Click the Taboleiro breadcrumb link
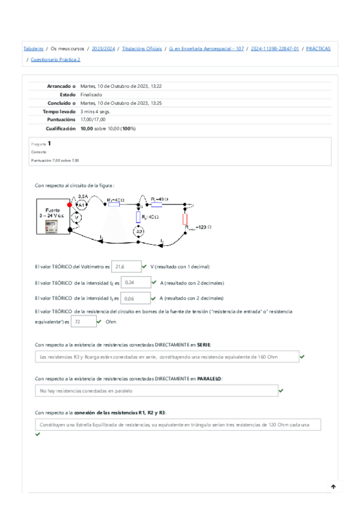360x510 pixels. click(x=33, y=48)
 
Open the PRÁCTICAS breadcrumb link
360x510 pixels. click(x=318, y=48)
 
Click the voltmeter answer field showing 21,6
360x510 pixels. click(x=126, y=266)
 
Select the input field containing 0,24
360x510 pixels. click(x=135, y=281)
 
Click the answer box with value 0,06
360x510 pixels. click(x=135, y=298)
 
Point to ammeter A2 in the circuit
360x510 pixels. click(x=139, y=231)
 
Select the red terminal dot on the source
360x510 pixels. click(x=70, y=204)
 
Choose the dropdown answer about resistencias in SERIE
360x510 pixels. click(x=166, y=357)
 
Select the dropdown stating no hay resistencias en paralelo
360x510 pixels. click(x=156, y=391)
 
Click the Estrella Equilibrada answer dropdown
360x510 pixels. click(x=177, y=425)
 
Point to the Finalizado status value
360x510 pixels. click(x=91, y=94)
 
